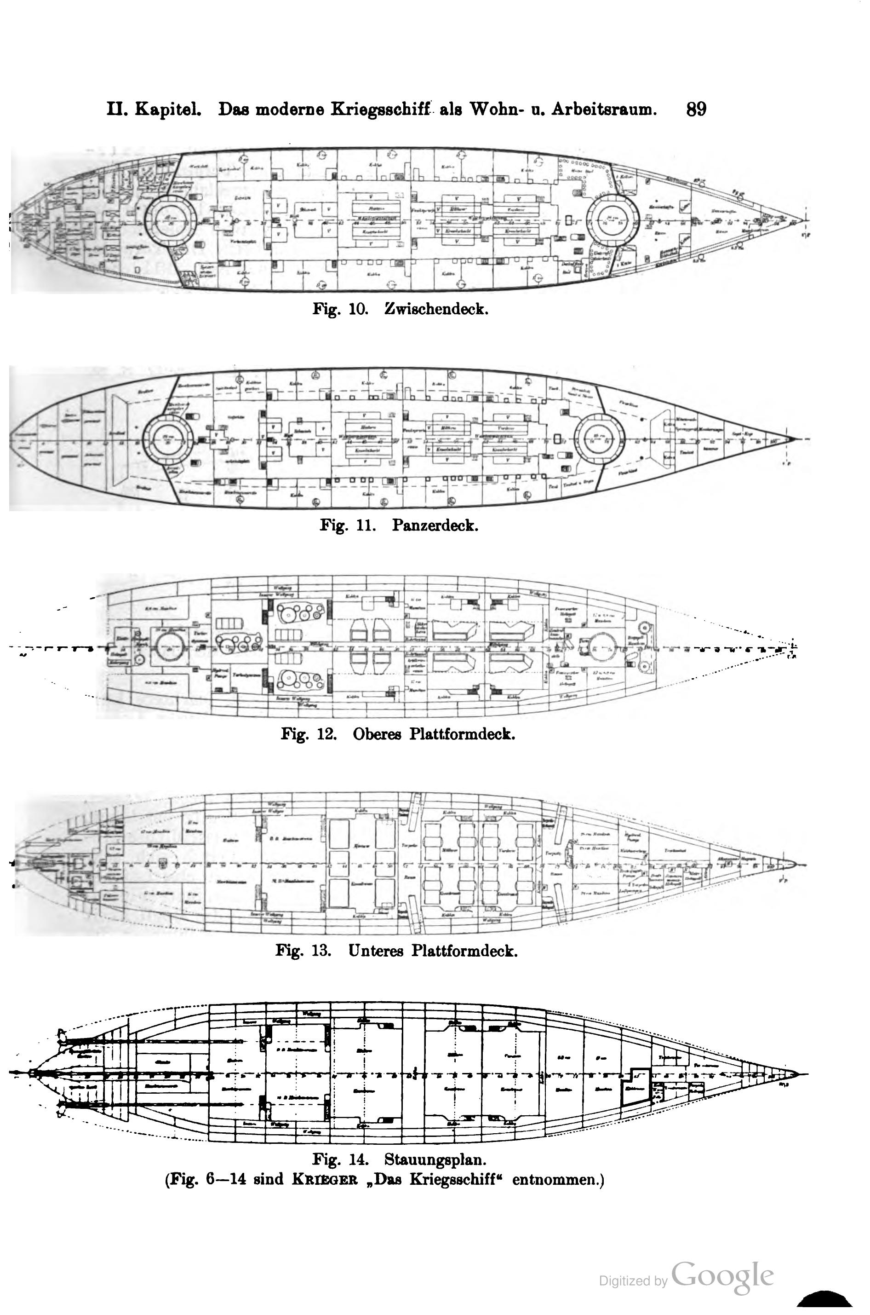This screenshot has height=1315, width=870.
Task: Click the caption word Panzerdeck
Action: [435, 525]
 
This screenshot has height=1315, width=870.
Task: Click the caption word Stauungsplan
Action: [435, 1159]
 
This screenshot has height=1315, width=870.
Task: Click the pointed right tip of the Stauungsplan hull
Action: [796, 1073]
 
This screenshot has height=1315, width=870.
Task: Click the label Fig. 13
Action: [303, 951]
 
